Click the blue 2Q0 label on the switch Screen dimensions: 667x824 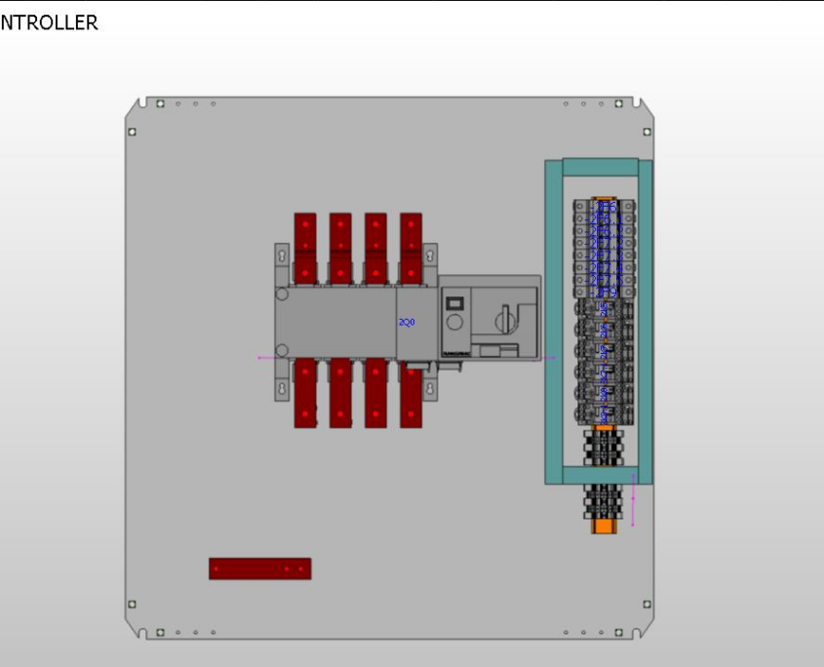(406, 322)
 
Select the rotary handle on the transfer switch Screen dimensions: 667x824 (508, 320)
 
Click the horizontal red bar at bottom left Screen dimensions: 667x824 (259, 569)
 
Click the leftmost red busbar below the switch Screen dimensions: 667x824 (305, 393)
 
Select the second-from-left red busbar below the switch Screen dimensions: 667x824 (340, 393)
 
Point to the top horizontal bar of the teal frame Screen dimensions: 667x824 (599, 168)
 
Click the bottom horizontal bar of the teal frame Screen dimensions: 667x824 (599, 475)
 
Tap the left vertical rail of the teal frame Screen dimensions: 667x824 (554, 322)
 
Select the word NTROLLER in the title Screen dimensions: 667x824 (49, 22)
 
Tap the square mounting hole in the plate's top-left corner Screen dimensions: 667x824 (132, 132)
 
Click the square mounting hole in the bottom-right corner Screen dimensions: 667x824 (647, 605)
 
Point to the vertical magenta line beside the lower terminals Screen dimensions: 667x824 (633, 501)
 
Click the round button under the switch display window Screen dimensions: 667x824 (453, 323)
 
